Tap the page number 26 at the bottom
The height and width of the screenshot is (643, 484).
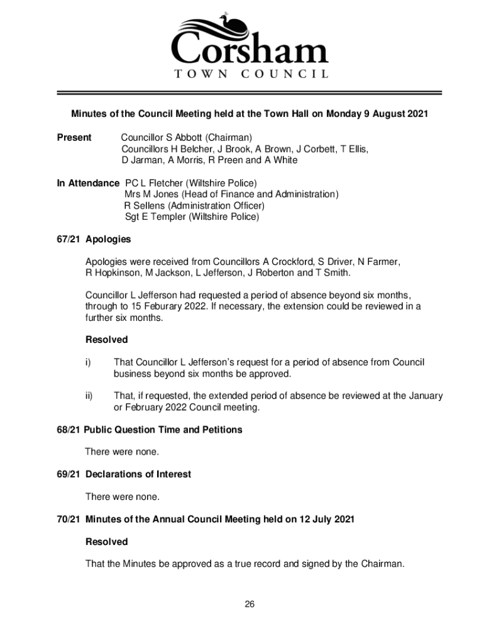pyautogui.click(x=250, y=604)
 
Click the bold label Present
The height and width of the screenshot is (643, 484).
pyautogui.click(x=74, y=138)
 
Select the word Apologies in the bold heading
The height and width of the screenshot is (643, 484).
pyautogui.click(x=108, y=239)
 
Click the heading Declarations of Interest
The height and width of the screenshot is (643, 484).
pyautogui.click(x=138, y=474)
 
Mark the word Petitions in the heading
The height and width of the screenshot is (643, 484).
pyautogui.click(x=222, y=430)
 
